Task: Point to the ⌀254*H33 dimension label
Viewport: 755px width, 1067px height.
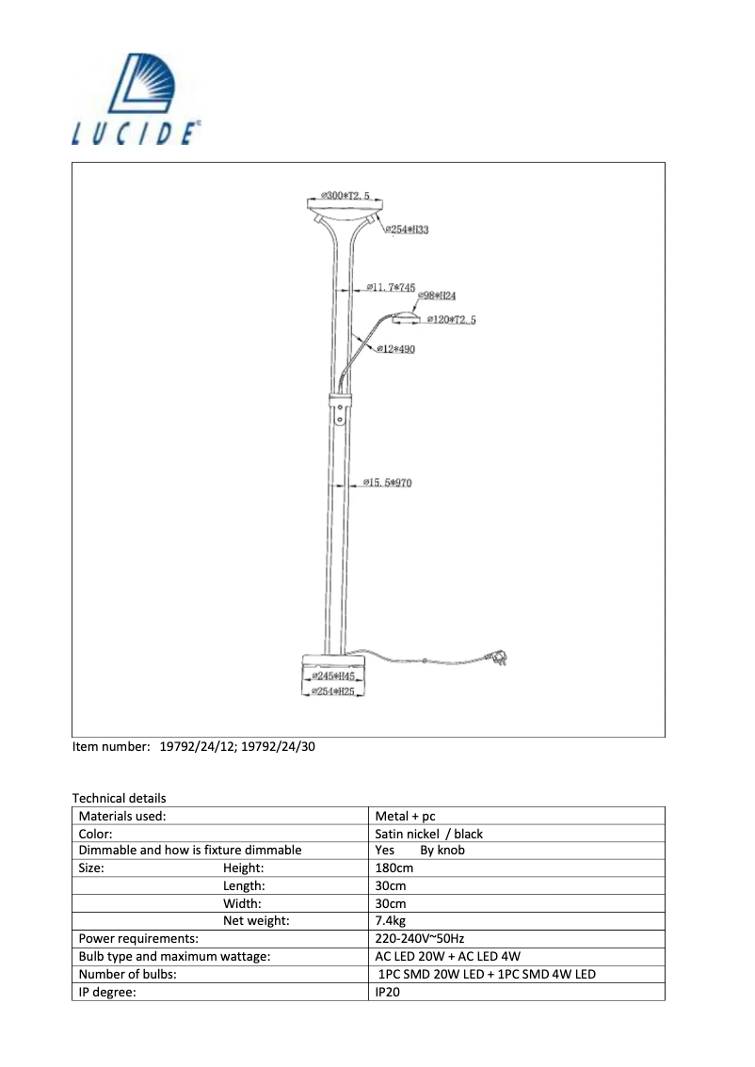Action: pyautogui.click(x=409, y=230)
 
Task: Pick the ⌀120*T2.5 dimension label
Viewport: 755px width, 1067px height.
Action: pyautogui.click(x=451, y=320)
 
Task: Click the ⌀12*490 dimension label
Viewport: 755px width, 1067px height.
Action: pyautogui.click(x=395, y=349)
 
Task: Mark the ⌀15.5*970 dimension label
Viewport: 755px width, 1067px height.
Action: pyautogui.click(x=387, y=484)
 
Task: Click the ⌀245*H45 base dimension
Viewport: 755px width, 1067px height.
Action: pyautogui.click(x=334, y=677)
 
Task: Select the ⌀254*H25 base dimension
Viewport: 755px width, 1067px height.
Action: pyautogui.click(x=333, y=692)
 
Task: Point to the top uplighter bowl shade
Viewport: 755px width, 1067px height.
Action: pyautogui.click(x=343, y=207)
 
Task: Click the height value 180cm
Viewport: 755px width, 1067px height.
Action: pyautogui.click(x=394, y=868)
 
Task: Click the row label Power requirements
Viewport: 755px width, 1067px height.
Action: pyautogui.click(x=138, y=938)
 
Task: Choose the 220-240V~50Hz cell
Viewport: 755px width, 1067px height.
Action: pyautogui.click(x=420, y=938)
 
